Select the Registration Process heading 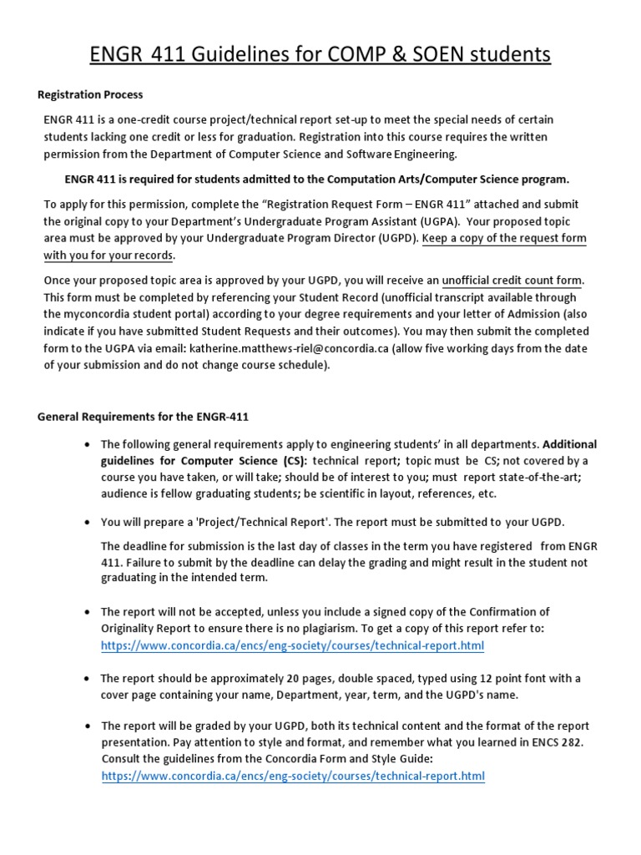[x=90, y=95]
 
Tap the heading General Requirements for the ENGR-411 [x=144, y=417]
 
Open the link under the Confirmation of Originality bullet [x=292, y=646]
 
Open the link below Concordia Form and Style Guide [x=292, y=777]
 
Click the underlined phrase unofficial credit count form [x=512, y=280]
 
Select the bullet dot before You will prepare [x=87, y=523]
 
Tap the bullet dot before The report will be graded [x=87, y=726]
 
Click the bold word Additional [x=570, y=444]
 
